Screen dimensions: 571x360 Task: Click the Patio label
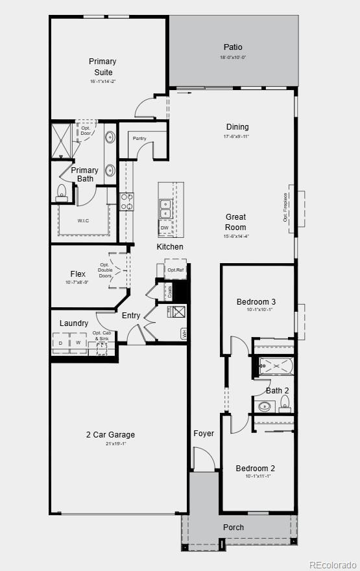coord(233,47)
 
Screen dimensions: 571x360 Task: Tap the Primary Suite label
coord(102,67)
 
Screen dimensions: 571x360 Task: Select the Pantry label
coord(139,139)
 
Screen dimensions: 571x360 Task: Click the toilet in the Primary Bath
coord(62,191)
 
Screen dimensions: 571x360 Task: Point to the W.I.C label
coord(84,220)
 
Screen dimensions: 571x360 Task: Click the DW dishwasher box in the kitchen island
coord(165,227)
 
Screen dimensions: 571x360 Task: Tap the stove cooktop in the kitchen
coord(127,202)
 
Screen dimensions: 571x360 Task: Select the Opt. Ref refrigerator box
coord(175,270)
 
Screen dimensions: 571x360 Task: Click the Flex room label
coord(78,274)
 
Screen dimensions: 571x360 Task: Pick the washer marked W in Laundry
coord(78,342)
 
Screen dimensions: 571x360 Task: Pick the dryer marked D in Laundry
coord(61,342)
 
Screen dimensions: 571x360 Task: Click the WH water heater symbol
coord(184,334)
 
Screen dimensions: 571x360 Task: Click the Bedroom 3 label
coord(256,302)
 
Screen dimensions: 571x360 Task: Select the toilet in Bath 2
coord(285,403)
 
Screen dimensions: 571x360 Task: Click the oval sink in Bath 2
coord(265,407)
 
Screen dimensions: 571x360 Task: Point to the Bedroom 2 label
coord(256,469)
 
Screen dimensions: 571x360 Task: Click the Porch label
coord(234,527)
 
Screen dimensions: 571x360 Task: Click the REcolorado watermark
coord(333,564)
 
